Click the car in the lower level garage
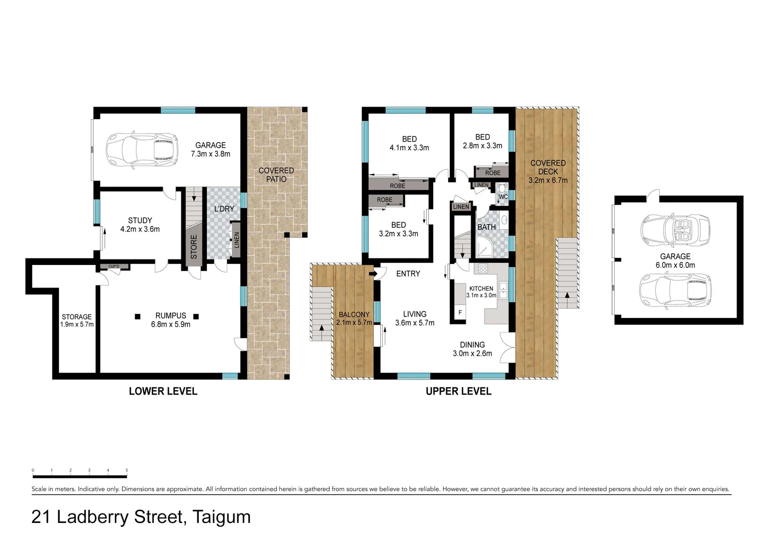click(142, 148)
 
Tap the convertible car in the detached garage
click(676, 231)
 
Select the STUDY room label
click(140, 220)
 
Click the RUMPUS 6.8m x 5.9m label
click(170, 320)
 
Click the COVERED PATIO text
click(276, 175)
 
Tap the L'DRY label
click(224, 208)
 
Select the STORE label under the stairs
click(194, 246)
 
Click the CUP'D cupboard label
click(114, 266)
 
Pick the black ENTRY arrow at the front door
click(372, 274)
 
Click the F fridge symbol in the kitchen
click(460, 313)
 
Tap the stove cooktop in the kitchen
click(483, 268)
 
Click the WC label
click(503, 197)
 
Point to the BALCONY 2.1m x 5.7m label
click(354, 318)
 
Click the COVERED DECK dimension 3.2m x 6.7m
click(548, 180)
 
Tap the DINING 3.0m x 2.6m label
click(472, 349)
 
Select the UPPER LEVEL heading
click(458, 391)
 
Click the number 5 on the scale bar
click(127, 470)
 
